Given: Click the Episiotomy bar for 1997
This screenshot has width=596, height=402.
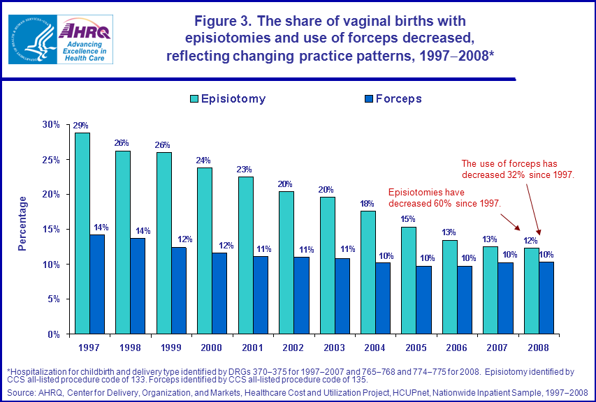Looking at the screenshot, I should tap(82, 233).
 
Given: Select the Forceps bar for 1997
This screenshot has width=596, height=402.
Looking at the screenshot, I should tap(97, 284).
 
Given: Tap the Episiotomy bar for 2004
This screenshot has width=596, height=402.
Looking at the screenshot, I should tap(369, 272).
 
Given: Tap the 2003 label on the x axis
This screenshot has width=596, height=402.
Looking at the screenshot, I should tap(335, 346).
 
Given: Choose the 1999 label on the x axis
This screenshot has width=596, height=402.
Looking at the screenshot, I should tap(171, 346).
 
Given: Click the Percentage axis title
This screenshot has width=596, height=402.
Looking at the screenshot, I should tap(23, 223).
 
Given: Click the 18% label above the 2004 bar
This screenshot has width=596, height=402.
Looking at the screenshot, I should tap(367, 204).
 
